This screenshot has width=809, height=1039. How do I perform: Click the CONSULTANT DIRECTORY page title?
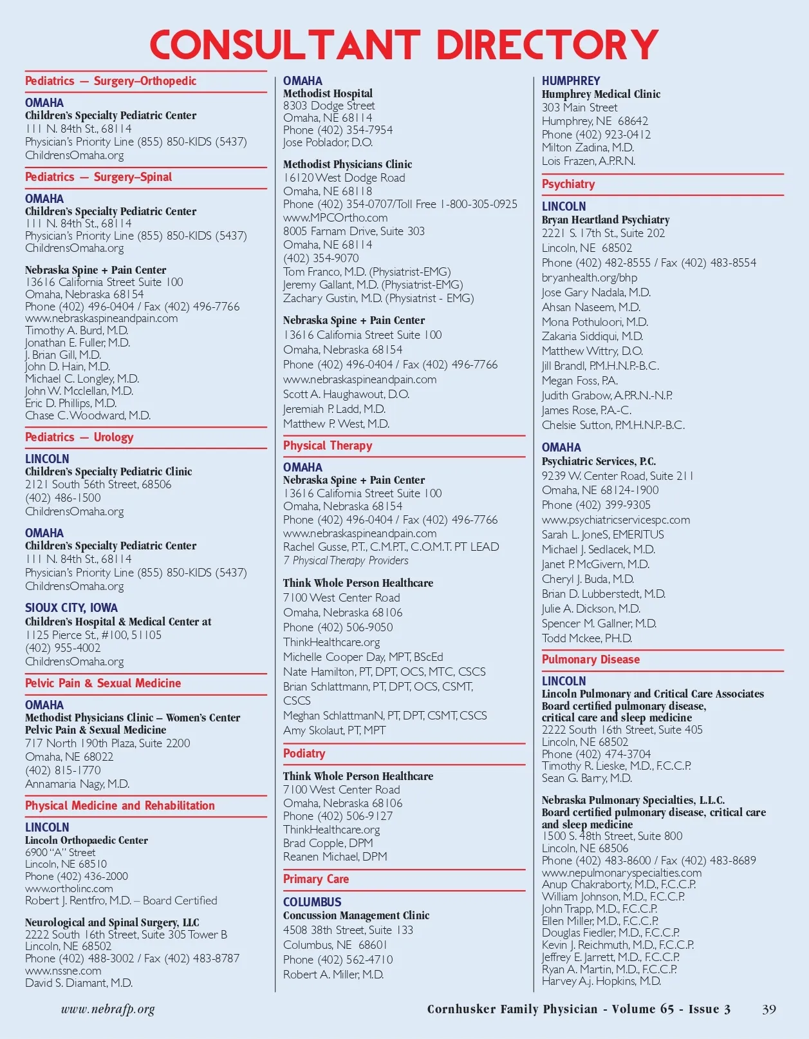pyautogui.click(x=404, y=45)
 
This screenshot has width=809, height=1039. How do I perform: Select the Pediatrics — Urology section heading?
pyautogui.click(x=79, y=437)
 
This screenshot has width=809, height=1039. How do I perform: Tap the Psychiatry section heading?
pyautogui.click(x=568, y=184)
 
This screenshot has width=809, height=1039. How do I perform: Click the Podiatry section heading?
pyautogui.click(x=304, y=754)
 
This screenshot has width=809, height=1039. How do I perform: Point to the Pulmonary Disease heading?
pyautogui.click(x=591, y=660)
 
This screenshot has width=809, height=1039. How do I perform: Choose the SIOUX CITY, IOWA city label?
pyautogui.click(x=71, y=608)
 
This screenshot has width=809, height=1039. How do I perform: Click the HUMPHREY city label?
pyautogui.click(x=571, y=81)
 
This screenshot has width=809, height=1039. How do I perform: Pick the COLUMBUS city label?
pyautogui.click(x=312, y=902)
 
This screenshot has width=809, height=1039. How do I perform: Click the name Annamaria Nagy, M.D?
pyautogui.click(x=77, y=784)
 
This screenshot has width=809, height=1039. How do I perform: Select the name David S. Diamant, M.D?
pyautogui.click(x=79, y=983)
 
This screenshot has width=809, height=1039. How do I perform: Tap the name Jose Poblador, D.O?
pyautogui.click(x=328, y=142)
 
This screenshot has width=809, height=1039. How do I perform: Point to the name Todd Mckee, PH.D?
pyautogui.click(x=587, y=638)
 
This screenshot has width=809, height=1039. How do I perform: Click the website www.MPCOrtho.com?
pyautogui.click(x=335, y=218)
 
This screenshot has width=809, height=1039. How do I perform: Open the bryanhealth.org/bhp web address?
pyautogui.click(x=590, y=278)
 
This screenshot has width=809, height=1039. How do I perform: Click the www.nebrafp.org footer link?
pyautogui.click(x=108, y=1009)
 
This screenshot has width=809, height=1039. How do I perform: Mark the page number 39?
pyautogui.click(x=769, y=1009)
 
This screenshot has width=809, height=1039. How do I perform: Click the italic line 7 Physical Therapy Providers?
pyautogui.click(x=346, y=560)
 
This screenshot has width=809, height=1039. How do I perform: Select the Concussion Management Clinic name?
pyautogui.click(x=356, y=915)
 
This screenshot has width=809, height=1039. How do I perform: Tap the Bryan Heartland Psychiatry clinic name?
pyautogui.click(x=606, y=220)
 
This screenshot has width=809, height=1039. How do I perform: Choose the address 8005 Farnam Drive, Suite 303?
pyautogui.click(x=354, y=231)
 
